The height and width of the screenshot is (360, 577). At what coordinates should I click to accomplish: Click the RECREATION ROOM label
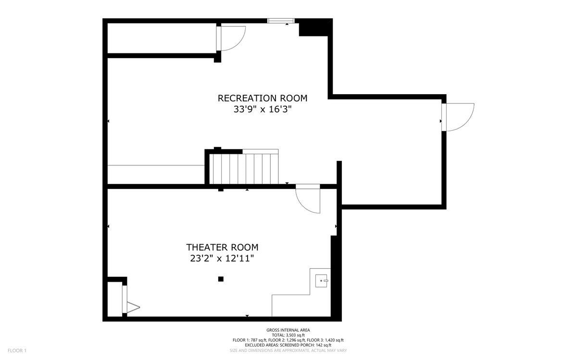[263, 98]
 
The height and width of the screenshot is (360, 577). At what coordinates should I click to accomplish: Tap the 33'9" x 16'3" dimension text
[263, 110]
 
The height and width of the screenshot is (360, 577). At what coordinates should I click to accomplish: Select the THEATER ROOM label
[222, 247]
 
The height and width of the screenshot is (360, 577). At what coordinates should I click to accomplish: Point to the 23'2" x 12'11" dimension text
[222, 258]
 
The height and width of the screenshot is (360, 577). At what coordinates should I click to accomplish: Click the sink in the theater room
[322, 281]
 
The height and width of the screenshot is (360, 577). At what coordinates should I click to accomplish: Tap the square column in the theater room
[221, 279]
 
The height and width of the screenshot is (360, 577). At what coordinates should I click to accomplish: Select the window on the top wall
[280, 21]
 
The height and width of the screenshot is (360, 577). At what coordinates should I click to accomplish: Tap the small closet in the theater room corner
[114, 299]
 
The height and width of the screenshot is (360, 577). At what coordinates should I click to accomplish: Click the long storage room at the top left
[162, 38]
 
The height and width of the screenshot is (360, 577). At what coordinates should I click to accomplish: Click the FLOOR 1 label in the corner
[17, 350]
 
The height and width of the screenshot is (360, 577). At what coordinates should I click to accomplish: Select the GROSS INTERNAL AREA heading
[288, 330]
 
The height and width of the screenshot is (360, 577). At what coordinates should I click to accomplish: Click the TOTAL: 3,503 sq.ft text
[288, 335]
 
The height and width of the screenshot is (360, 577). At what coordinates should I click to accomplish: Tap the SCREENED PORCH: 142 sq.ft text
[305, 345]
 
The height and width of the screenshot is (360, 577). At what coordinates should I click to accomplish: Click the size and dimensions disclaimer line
[288, 350]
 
